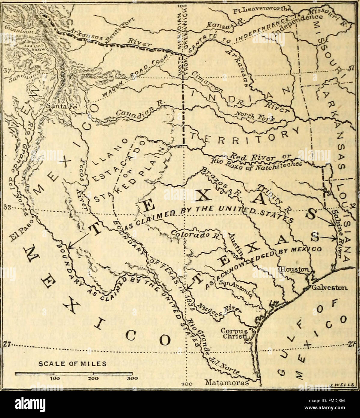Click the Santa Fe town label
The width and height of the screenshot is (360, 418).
coord(58,106)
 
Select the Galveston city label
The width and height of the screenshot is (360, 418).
coord(330,287)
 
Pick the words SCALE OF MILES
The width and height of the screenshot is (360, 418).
coord(73,364)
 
